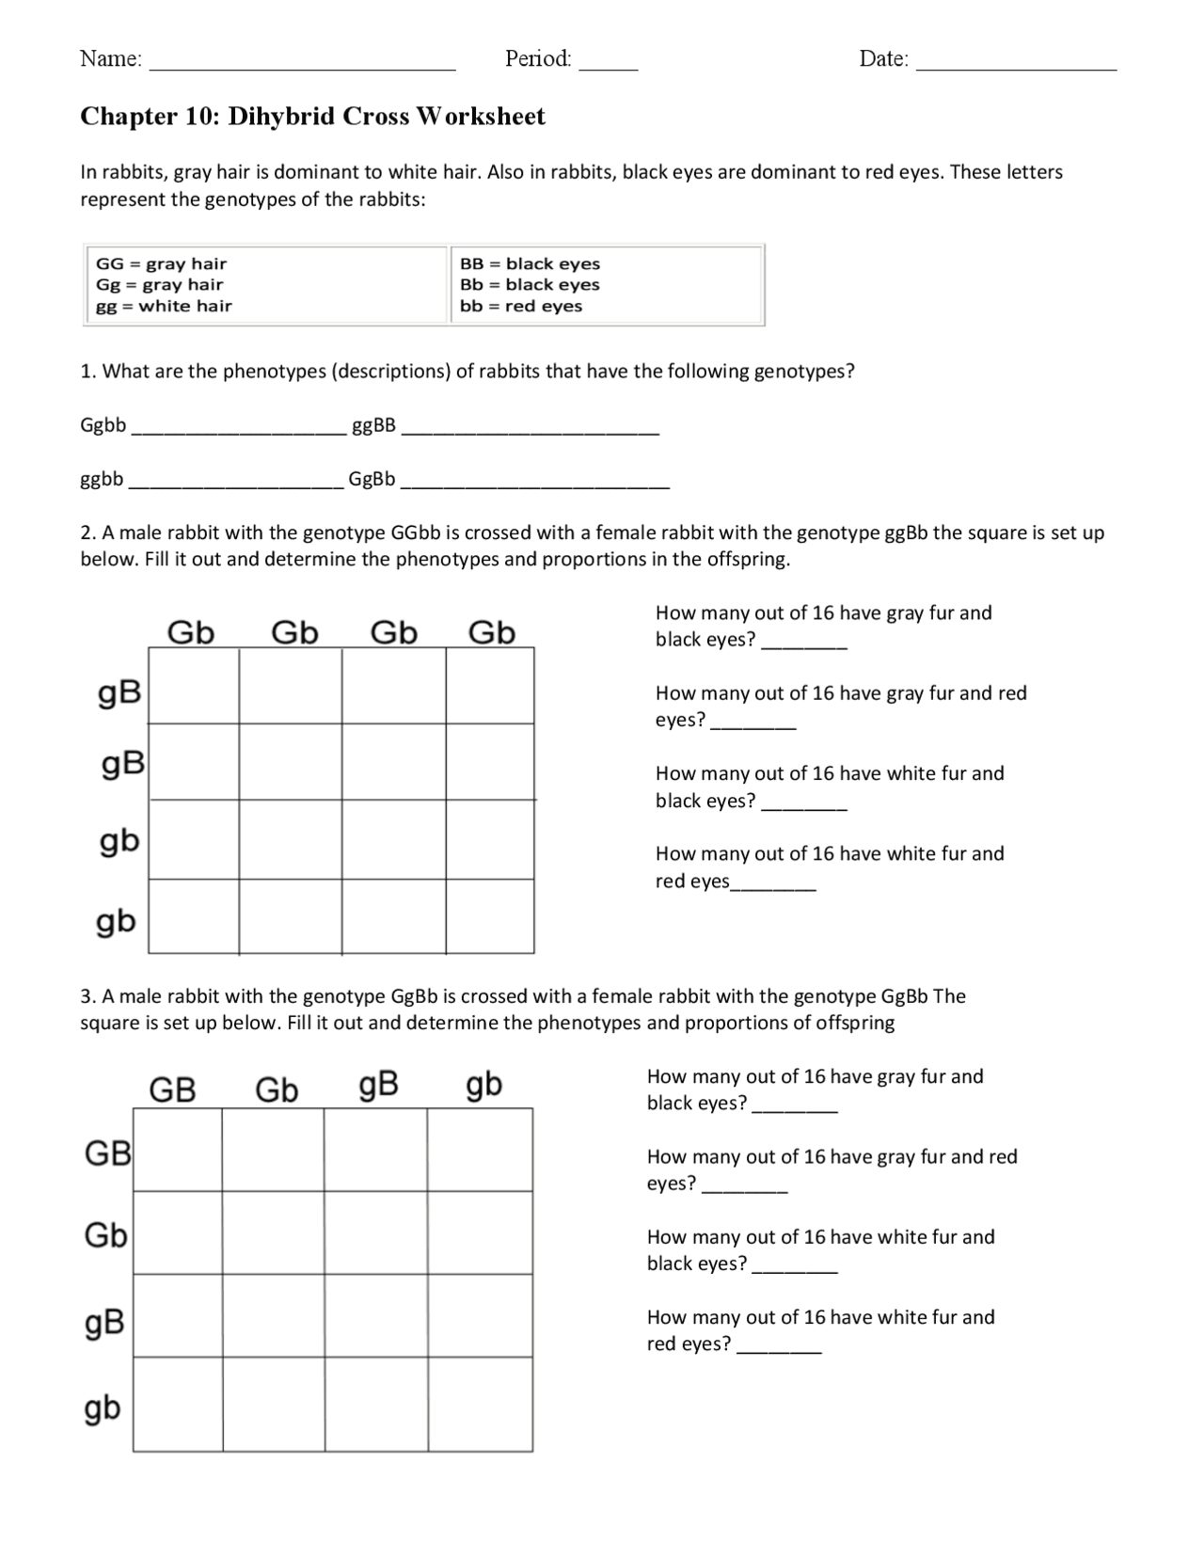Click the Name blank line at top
click(x=303, y=66)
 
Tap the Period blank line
click(x=608, y=66)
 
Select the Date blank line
click(x=1016, y=66)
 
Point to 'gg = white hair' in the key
click(x=164, y=306)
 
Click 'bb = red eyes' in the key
click(x=521, y=306)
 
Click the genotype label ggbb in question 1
click(x=102, y=479)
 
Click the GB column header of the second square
click(x=173, y=1090)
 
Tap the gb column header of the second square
click(x=483, y=1087)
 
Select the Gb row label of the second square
click(x=105, y=1234)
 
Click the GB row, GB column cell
click(x=178, y=1151)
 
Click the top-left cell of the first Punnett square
click(x=194, y=685)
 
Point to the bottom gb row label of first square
click(x=116, y=922)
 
